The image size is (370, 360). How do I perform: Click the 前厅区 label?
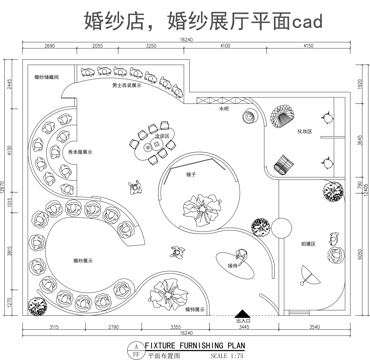309,243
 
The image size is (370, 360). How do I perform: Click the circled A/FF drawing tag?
134,348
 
